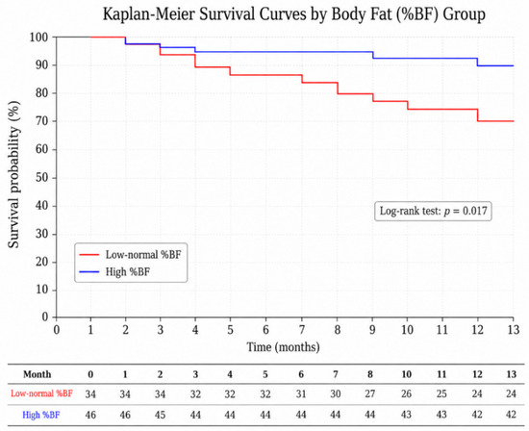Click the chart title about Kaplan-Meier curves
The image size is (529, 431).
[294, 14]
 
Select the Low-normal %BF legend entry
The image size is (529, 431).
[130, 255]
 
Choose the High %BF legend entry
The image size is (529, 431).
[114, 271]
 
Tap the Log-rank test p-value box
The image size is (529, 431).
[433, 212]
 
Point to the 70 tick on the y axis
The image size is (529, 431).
[41, 121]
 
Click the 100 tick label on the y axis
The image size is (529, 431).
[38, 37]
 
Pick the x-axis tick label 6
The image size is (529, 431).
[265, 330]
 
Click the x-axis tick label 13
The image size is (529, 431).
[514, 330]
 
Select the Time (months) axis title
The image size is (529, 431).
[283, 347]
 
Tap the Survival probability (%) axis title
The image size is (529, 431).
[14, 175]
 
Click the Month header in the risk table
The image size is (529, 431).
[38, 374]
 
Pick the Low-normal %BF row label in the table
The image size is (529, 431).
[41, 393]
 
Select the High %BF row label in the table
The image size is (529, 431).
[41, 415]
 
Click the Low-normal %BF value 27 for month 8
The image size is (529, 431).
[370, 393]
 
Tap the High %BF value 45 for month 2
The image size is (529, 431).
[160, 415]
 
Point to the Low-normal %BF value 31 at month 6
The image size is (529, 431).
[301, 393]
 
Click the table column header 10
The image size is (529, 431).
[406, 374]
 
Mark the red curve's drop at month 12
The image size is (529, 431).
[478, 115]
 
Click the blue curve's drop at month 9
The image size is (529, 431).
[373, 55]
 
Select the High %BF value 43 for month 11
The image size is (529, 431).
[441, 415]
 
